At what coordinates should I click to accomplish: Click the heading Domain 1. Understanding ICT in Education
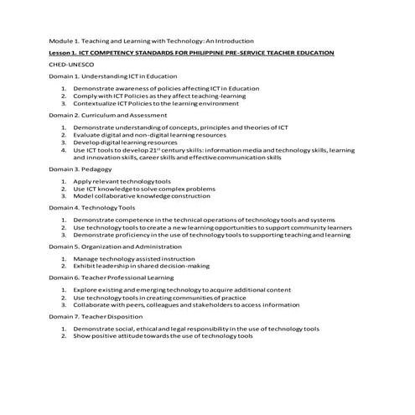click(x=106, y=75)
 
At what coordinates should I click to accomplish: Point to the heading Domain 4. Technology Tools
click(x=91, y=207)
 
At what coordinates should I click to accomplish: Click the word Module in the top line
click(x=60, y=40)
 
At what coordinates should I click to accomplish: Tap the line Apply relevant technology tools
click(x=122, y=181)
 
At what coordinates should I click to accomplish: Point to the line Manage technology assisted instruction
click(x=133, y=259)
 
